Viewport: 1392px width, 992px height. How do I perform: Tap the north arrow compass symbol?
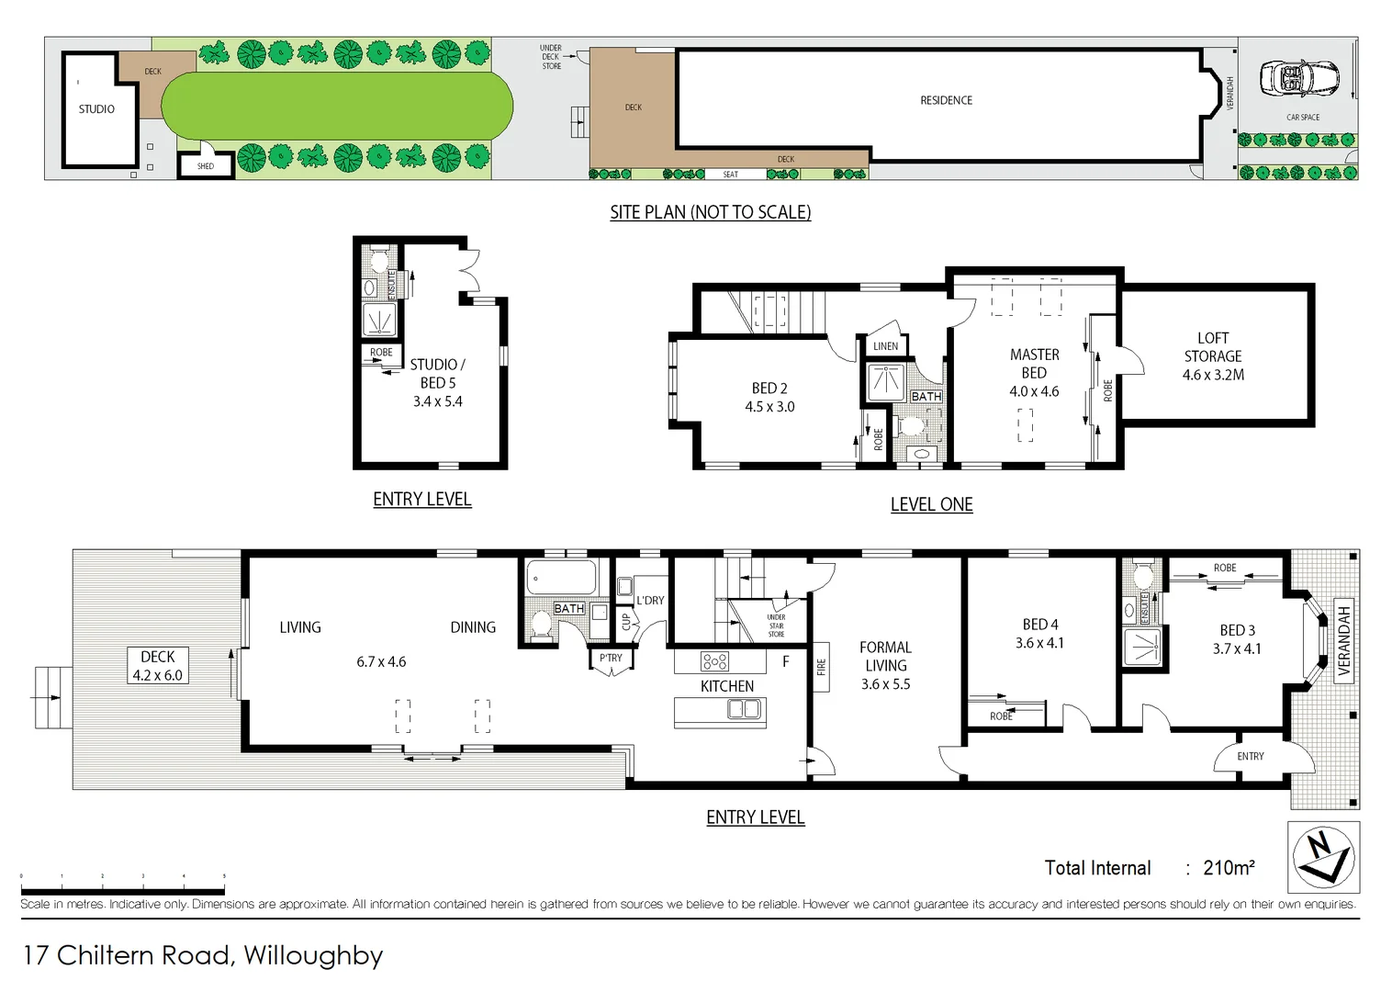pyautogui.click(x=1323, y=857)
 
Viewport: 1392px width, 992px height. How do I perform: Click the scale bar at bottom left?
pyautogui.click(x=122, y=890)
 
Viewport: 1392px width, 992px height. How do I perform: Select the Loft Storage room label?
pyautogui.click(x=1213, y=356)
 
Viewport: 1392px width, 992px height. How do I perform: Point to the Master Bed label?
pyautogui.click(x=1034, y=372)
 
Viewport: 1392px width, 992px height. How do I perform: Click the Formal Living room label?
pyautogui.click(x=885, y=665)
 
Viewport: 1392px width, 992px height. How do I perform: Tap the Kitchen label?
pyautogui.click(x=726, y=686)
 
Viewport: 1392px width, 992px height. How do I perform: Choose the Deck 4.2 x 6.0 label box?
pyautogui.click(x=158, y=666)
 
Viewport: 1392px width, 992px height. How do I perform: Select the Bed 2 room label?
pyautogui.click(x=769, y=397)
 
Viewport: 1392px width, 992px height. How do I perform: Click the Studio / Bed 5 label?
pyautogui.click(x=438, y=382)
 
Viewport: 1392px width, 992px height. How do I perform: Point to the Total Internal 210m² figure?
pyautogui.click(x=1149, y=868)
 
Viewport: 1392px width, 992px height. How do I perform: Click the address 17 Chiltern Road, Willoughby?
pyautogui.click(x=203, y=955)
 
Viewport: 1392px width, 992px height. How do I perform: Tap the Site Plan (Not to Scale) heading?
pyautogui.click(x=710, y=212)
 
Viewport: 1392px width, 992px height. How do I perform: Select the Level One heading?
pyautogui.click(x=931, y=504)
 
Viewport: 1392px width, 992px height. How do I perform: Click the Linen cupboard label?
pyautogui.click(x=885, y=346)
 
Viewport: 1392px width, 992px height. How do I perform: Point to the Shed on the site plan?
pyautogui.click(x=206, y=166)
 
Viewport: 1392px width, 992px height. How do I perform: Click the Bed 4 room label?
pyautogui.click(x=1039, y=634)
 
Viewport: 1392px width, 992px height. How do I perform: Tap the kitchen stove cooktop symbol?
pyautogui.click(x=714, y=660)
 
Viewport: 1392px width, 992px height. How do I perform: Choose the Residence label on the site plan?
pyautogui.click(x=946, y=100)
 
